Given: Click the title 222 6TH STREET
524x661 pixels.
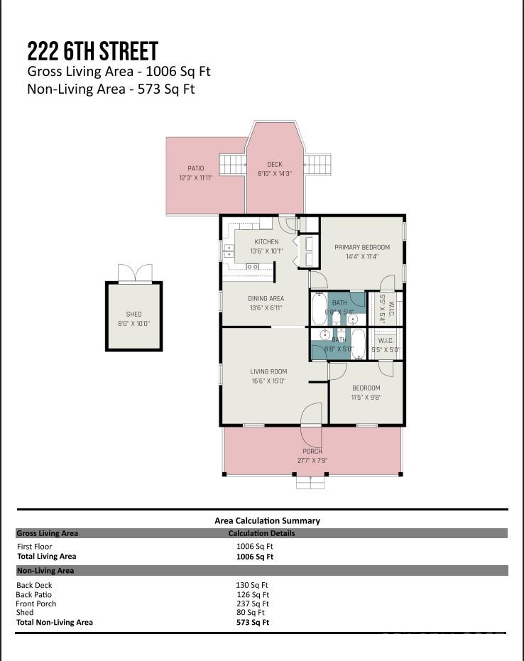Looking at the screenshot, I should click(92, 51).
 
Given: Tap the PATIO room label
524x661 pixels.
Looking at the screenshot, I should click(195, 168).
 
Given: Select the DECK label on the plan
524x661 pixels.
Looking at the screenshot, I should click(274, 165).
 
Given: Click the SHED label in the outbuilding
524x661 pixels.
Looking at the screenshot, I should click(133, 314).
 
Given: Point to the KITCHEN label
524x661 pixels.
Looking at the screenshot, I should click(266, 242).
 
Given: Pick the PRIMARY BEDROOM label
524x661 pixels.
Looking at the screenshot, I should click(362, 248).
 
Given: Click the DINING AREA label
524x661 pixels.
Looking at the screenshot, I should click(266, 298).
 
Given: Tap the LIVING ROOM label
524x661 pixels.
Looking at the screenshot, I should click(268, 371).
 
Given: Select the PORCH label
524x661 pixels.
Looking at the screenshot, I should click(312, 451).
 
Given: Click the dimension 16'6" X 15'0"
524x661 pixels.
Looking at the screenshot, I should click(268, 381).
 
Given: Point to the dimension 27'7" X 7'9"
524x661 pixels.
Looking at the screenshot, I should click(312, 460).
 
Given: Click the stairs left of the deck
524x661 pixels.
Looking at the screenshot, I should click(232, 165).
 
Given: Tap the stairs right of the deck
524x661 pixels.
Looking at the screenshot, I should click(317, 164).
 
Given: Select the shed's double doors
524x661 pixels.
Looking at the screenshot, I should click(134, 273).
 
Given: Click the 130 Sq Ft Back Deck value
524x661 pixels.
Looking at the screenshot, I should click(252, 585).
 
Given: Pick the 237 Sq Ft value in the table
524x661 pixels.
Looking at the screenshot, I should click(252, 603).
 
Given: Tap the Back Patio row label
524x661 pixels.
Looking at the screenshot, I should click(34, 594).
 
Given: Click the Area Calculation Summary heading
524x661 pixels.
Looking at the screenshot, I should click(267, 520).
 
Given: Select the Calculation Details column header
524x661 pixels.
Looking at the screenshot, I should click(261, 533).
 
